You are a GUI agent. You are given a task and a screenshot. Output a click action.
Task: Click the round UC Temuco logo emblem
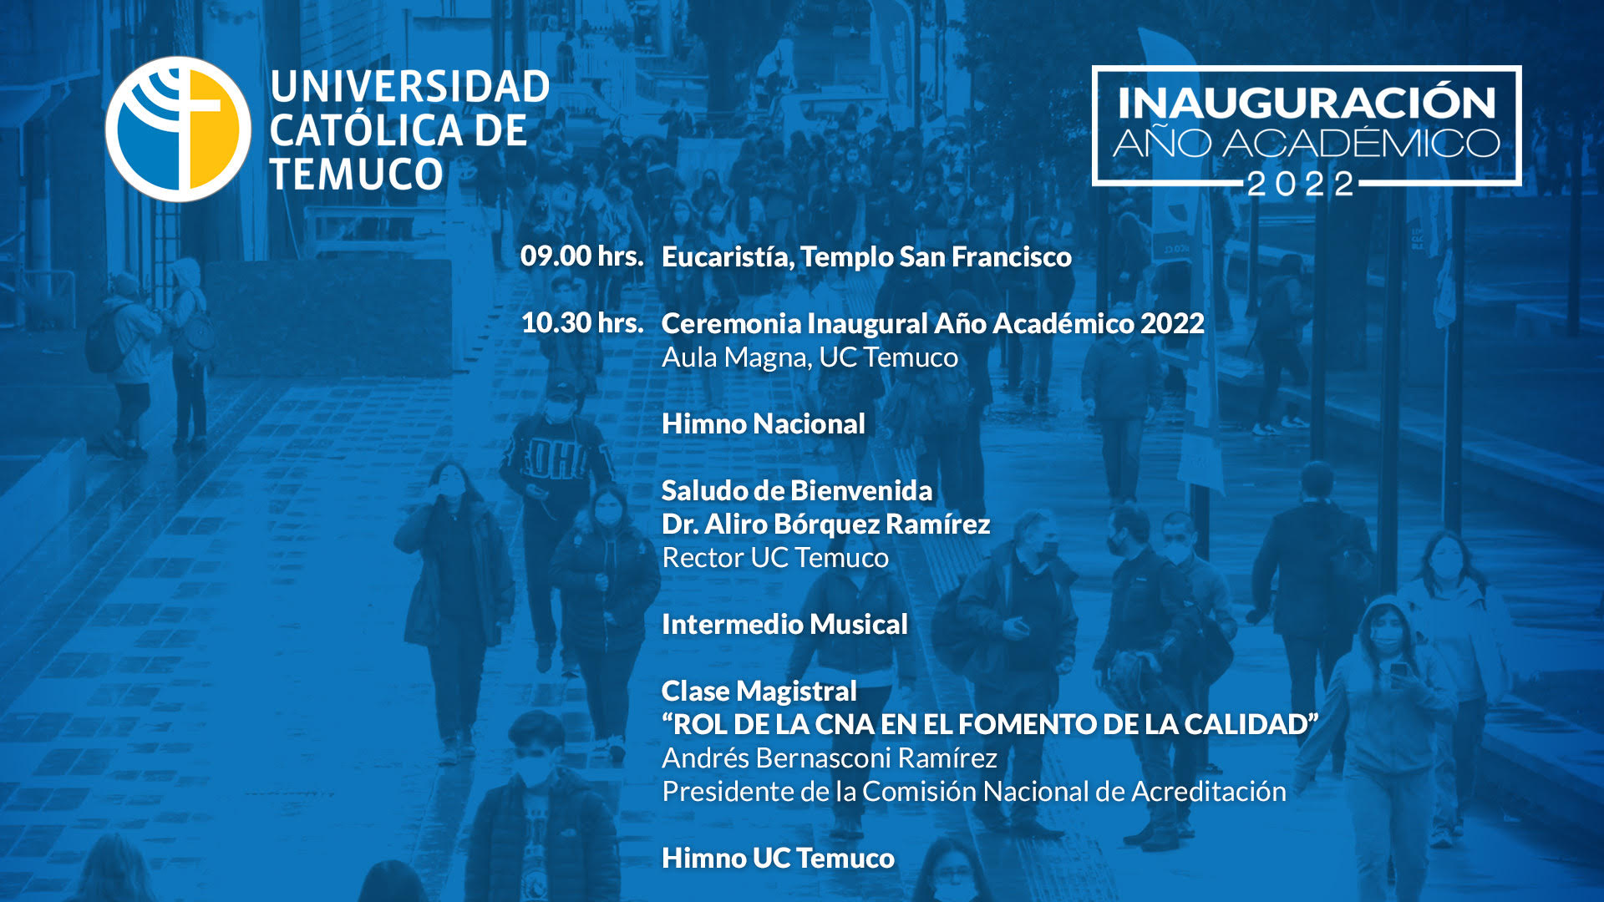(x=178, y=129)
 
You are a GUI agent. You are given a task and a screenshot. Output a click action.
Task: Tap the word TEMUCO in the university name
(x=357, y=175)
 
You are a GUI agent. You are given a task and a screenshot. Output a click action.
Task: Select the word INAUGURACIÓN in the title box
(x=1307, y=103)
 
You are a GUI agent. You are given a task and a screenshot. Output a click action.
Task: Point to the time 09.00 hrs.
(x=581, y=256)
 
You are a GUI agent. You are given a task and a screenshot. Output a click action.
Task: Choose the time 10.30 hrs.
(x=581, y=322)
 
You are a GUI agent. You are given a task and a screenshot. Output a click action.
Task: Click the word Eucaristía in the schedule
(x=727, y=257)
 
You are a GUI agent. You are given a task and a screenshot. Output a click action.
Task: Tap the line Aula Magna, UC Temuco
(x=810, y=358)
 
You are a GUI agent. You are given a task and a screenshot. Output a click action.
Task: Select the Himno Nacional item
(x=764, y=423)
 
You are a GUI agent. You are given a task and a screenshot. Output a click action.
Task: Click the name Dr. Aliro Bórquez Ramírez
(x=825, y=524)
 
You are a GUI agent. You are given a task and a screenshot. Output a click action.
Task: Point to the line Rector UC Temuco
(x=775, y=557)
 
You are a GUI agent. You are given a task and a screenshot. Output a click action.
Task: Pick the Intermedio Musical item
(x=784, y=624)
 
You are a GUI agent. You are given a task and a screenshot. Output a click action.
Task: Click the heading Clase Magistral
(x=759, y=692)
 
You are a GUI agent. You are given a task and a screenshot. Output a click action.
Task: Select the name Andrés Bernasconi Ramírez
(x=830, y=758)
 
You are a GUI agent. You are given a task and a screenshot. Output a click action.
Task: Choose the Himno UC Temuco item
(x=778, y=858)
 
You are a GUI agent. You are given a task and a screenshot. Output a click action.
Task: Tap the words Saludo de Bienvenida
(x=797, y=490)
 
